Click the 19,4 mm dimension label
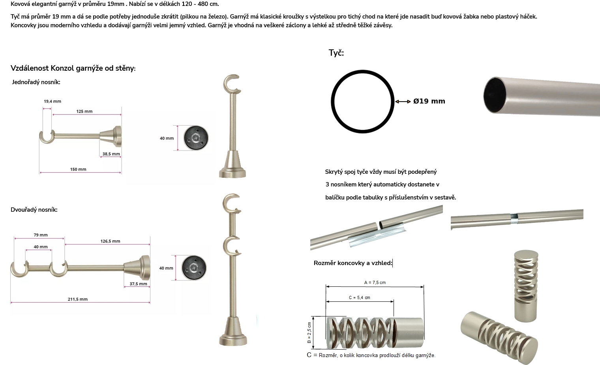point(52,101)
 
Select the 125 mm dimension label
point(84,111)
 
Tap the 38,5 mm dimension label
point(111,154)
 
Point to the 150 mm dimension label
point(78,169)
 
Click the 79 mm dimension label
point(41,235)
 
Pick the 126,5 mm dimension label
point(111,241)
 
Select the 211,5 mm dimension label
point(78,299)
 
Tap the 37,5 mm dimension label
point(138,284)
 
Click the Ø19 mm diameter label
point(429,101)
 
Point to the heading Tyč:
point(336,53)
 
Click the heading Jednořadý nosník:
point(36,82)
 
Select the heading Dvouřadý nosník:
point(34,210)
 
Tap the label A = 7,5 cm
point(375,282)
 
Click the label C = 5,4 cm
point(360,297)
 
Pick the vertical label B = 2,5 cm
point(309,333)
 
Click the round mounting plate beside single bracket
point(196,138)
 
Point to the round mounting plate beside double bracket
point(194,268)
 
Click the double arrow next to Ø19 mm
point(403,101)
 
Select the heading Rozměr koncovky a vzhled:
point(353,263)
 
